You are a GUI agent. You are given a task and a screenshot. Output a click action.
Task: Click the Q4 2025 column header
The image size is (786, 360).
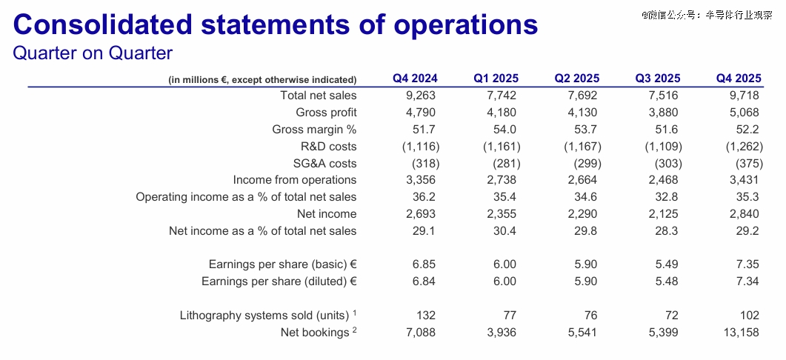739,79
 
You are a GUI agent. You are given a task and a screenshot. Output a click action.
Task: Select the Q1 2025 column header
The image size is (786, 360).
496,79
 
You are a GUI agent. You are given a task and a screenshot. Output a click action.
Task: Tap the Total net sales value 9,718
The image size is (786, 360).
744,95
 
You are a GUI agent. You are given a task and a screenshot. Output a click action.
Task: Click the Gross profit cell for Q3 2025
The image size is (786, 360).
663,112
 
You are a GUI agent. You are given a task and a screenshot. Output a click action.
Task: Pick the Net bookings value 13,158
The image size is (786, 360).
740,333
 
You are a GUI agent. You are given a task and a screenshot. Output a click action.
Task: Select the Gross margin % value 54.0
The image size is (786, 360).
505,129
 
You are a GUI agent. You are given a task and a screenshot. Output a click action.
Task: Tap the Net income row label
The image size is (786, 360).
327,213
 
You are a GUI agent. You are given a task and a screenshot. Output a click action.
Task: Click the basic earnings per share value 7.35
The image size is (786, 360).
747,264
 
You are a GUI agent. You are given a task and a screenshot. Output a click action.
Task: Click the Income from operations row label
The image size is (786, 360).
294,180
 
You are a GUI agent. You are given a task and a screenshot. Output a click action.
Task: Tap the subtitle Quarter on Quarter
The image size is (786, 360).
93,54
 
